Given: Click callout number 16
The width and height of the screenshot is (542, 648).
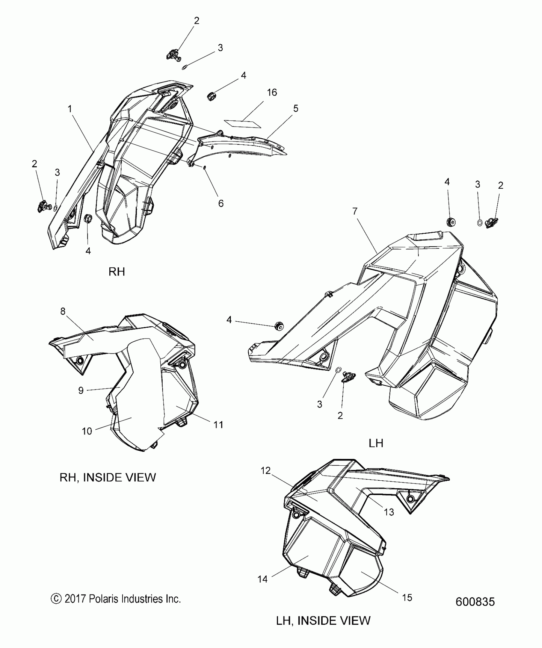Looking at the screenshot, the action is (x=272, y=92).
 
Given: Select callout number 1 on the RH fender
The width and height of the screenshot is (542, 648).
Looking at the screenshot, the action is (x=70, y=109).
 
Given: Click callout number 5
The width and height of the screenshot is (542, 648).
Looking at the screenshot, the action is (x=296, y=108).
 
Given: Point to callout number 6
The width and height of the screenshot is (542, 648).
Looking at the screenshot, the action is (x=221, y=203).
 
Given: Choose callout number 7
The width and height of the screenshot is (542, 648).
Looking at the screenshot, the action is (x=355, y=211).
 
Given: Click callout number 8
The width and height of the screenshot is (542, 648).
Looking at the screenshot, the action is (x=63, y=311).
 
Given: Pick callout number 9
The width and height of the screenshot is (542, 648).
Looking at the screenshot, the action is (x=81, y=390).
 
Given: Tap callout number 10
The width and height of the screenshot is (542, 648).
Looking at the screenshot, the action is (x=87, y=431).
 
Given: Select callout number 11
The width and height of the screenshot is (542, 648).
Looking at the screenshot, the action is (x=218, y=425).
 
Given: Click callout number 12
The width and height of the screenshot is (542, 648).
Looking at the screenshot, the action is (x=266, y=470).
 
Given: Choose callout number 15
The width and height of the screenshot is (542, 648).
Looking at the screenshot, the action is (x=407, y=597).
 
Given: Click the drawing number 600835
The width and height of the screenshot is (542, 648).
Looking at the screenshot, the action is (x=475, y=602).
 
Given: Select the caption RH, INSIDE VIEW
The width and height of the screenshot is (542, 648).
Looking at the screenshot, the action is (x=108, y=486).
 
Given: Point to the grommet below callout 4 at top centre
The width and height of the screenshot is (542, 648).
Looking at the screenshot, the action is (x=211, y=96).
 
